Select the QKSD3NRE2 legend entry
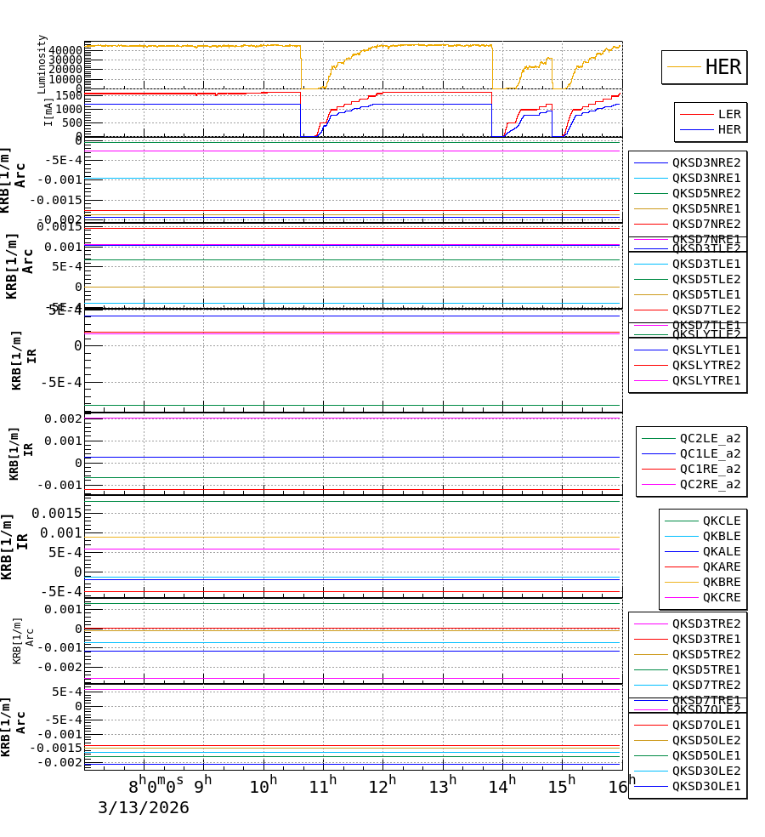(x=706, y=162)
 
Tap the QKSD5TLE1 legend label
(x=706, y=294)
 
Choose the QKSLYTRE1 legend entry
(x=706, y=380)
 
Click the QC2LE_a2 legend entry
(x=710, y=438)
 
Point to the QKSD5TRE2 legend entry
(x=706, y=654)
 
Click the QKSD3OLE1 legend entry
(x=706, y=786)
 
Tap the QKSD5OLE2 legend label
(x=706, y=740)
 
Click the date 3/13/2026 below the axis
(x=144, y=807)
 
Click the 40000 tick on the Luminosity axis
(x=65, y=50)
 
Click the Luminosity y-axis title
(x=42, y=64)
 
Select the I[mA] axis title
(x=48, y=111)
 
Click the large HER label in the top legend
(x=722, y=67)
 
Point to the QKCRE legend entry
(x=721, y=597)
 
